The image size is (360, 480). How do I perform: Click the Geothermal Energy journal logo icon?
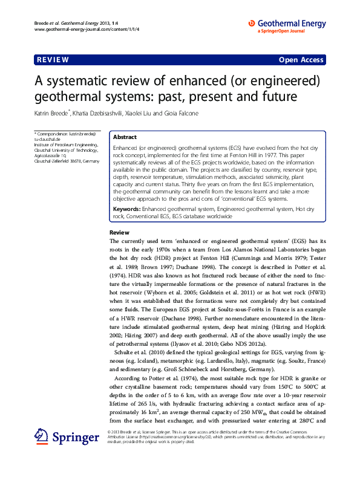(252, 24)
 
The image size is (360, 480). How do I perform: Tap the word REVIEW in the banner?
(53, 60)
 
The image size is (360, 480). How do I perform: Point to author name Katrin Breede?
(51, 112)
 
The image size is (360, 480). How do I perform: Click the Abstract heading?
(125, 137)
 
